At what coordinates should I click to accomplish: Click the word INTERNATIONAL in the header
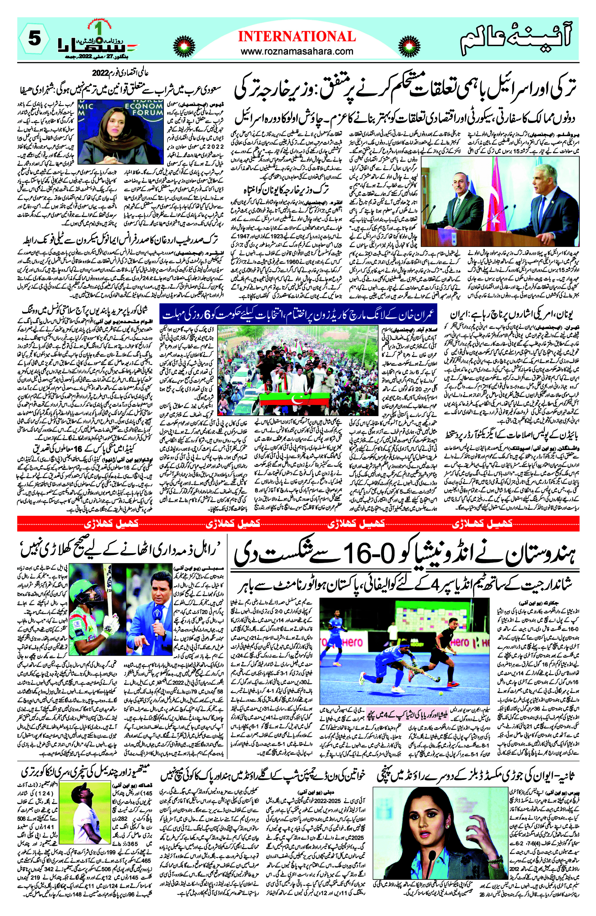point(297,36)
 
